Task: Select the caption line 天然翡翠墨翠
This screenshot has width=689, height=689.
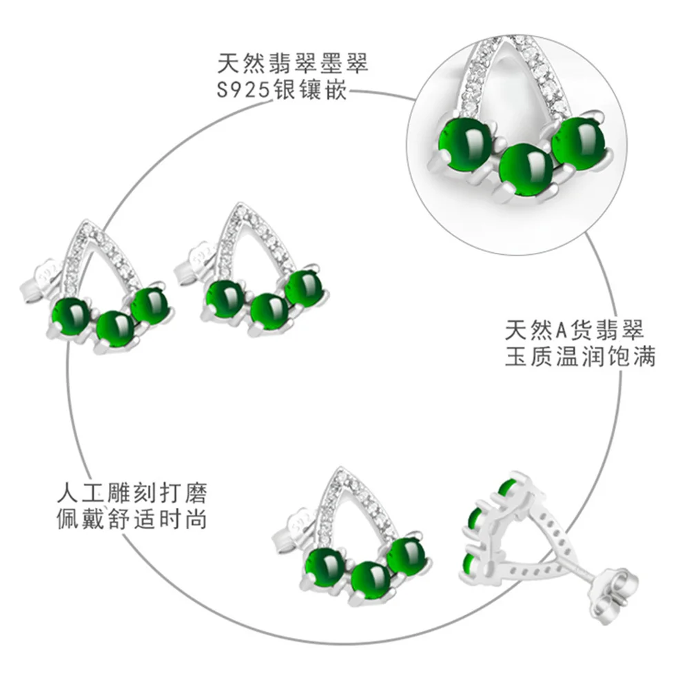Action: (293, 65)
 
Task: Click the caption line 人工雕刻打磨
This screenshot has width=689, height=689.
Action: (132, 494)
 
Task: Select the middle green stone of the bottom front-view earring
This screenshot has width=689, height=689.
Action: (371, 579)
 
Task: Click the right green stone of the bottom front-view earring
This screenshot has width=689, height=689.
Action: (407, 556)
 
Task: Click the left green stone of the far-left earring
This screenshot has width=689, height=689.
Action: (72, 316)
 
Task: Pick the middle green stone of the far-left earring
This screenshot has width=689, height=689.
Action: (115, 328)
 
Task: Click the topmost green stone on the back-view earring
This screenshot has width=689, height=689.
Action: (508, 489)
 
